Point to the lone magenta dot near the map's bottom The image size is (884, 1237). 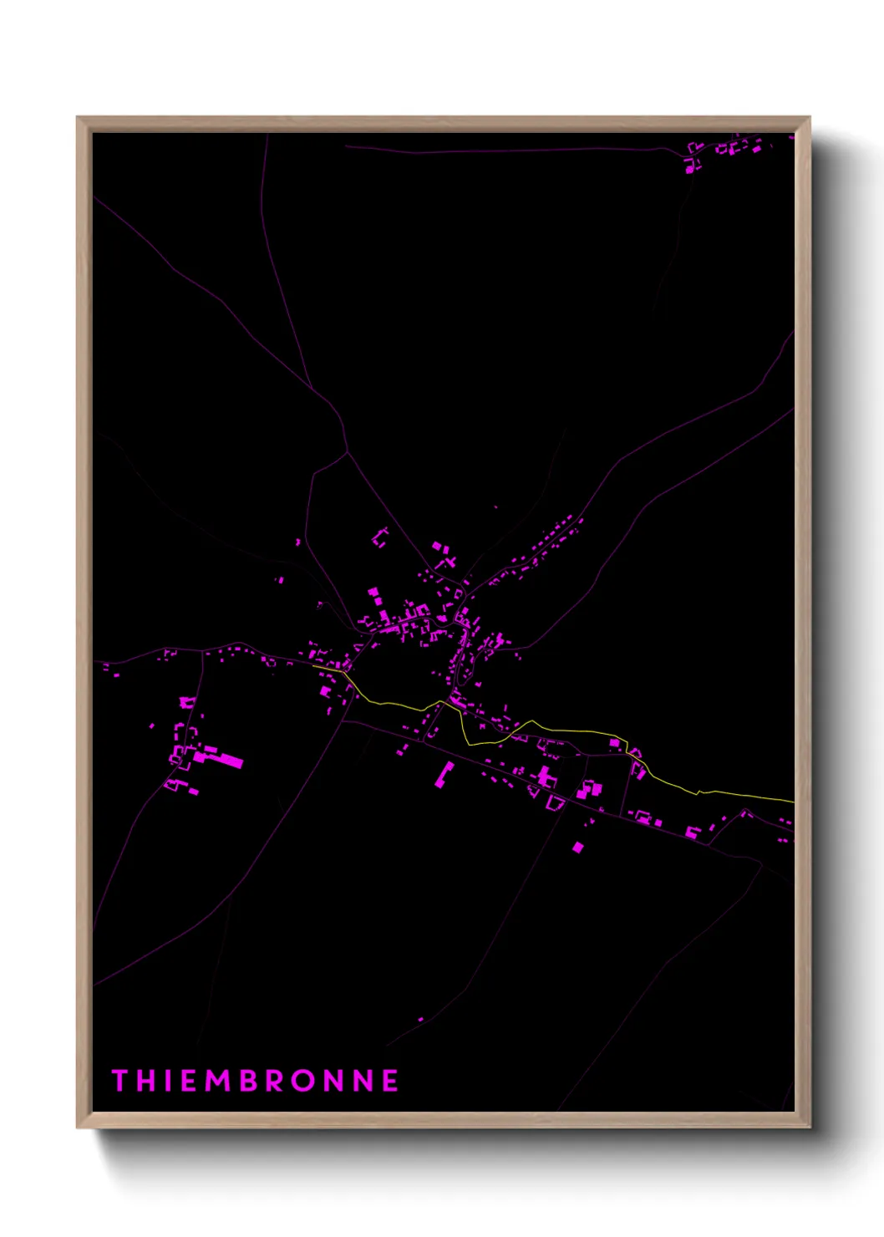(420, 1020)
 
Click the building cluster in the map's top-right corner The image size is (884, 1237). (723, 150)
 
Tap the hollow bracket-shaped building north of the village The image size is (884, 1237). (380, 537)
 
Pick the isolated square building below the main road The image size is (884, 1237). (577, 848)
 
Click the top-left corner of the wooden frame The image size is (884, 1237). (78, 118)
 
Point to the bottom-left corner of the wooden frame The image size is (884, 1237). (78, 1128)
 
